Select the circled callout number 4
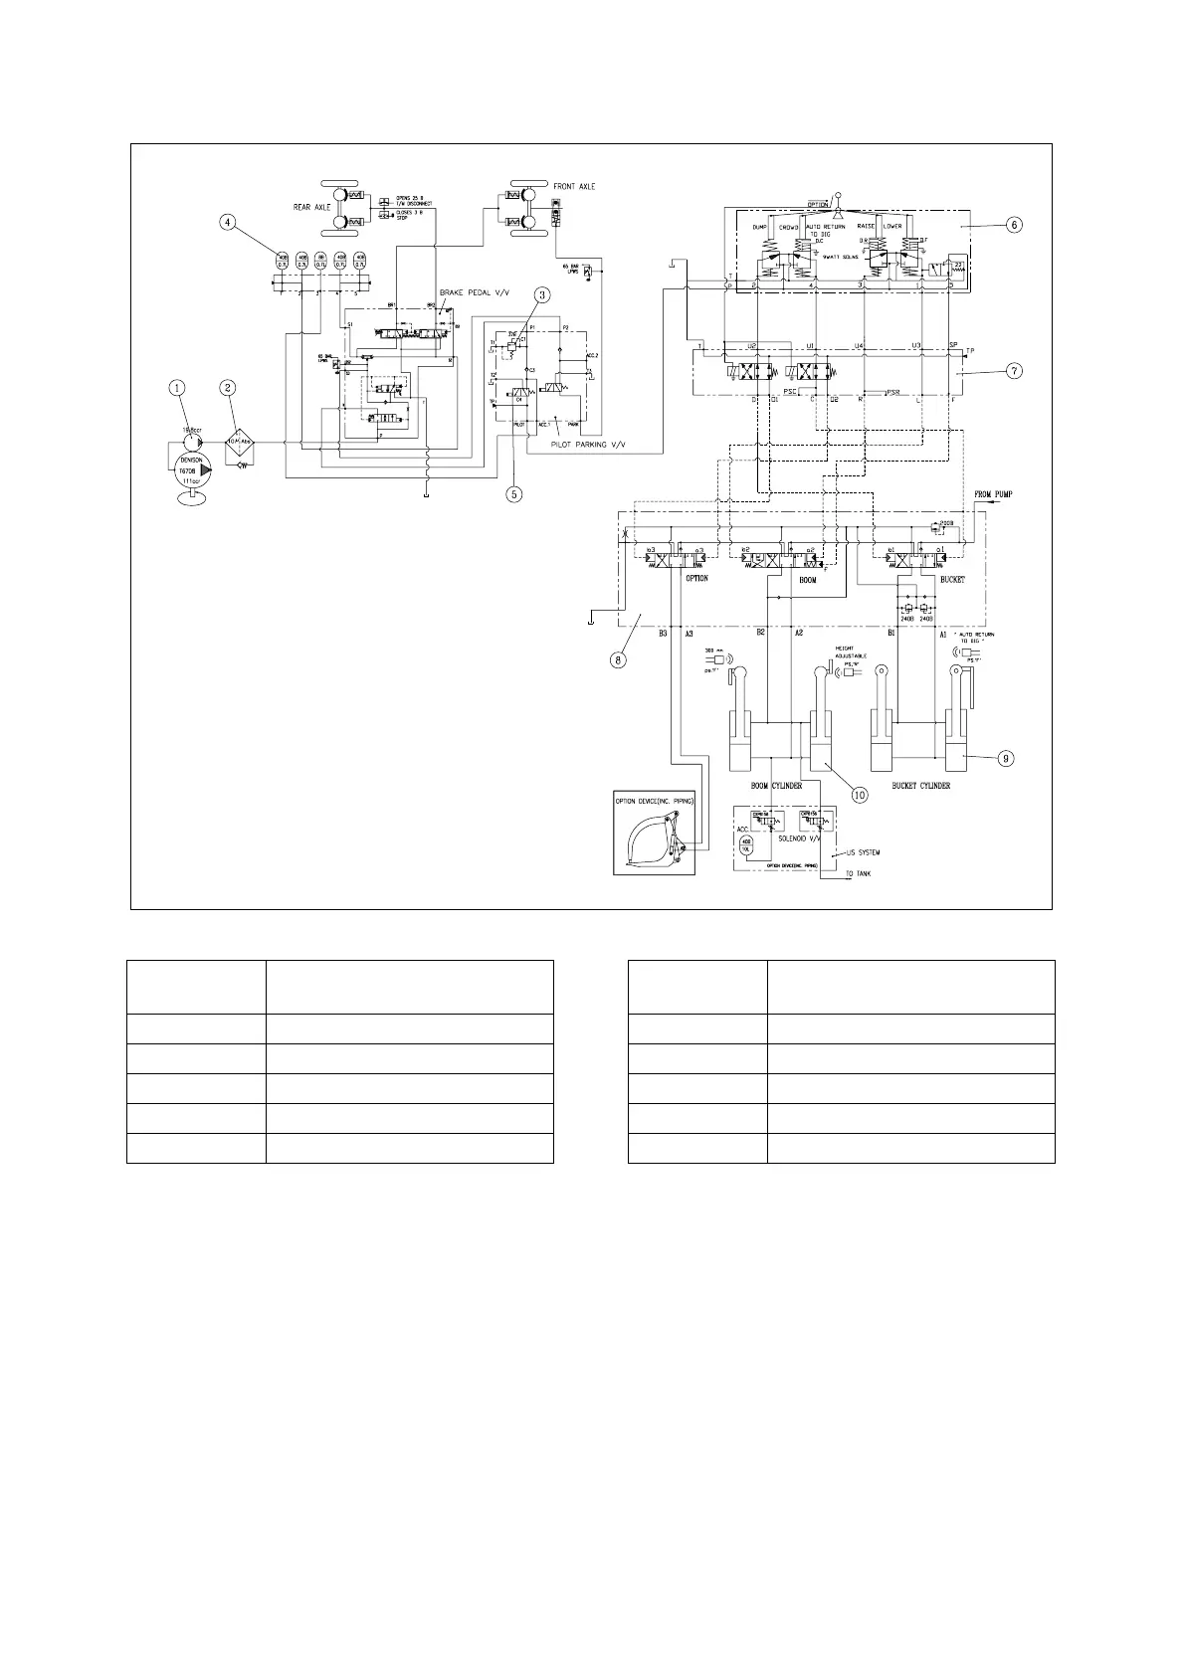[x=229, y=223]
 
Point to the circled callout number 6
[x=1013, y=225]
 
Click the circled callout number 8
[x=619, y=661]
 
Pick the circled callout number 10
[x=858, y=794]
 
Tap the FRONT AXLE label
[x=574, y=187]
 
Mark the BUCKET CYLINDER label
[x=921, y=786]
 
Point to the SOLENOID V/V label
[x=798, y=837]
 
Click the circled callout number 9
[x=1006, y=758]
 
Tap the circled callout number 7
[x=1013, y=371]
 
